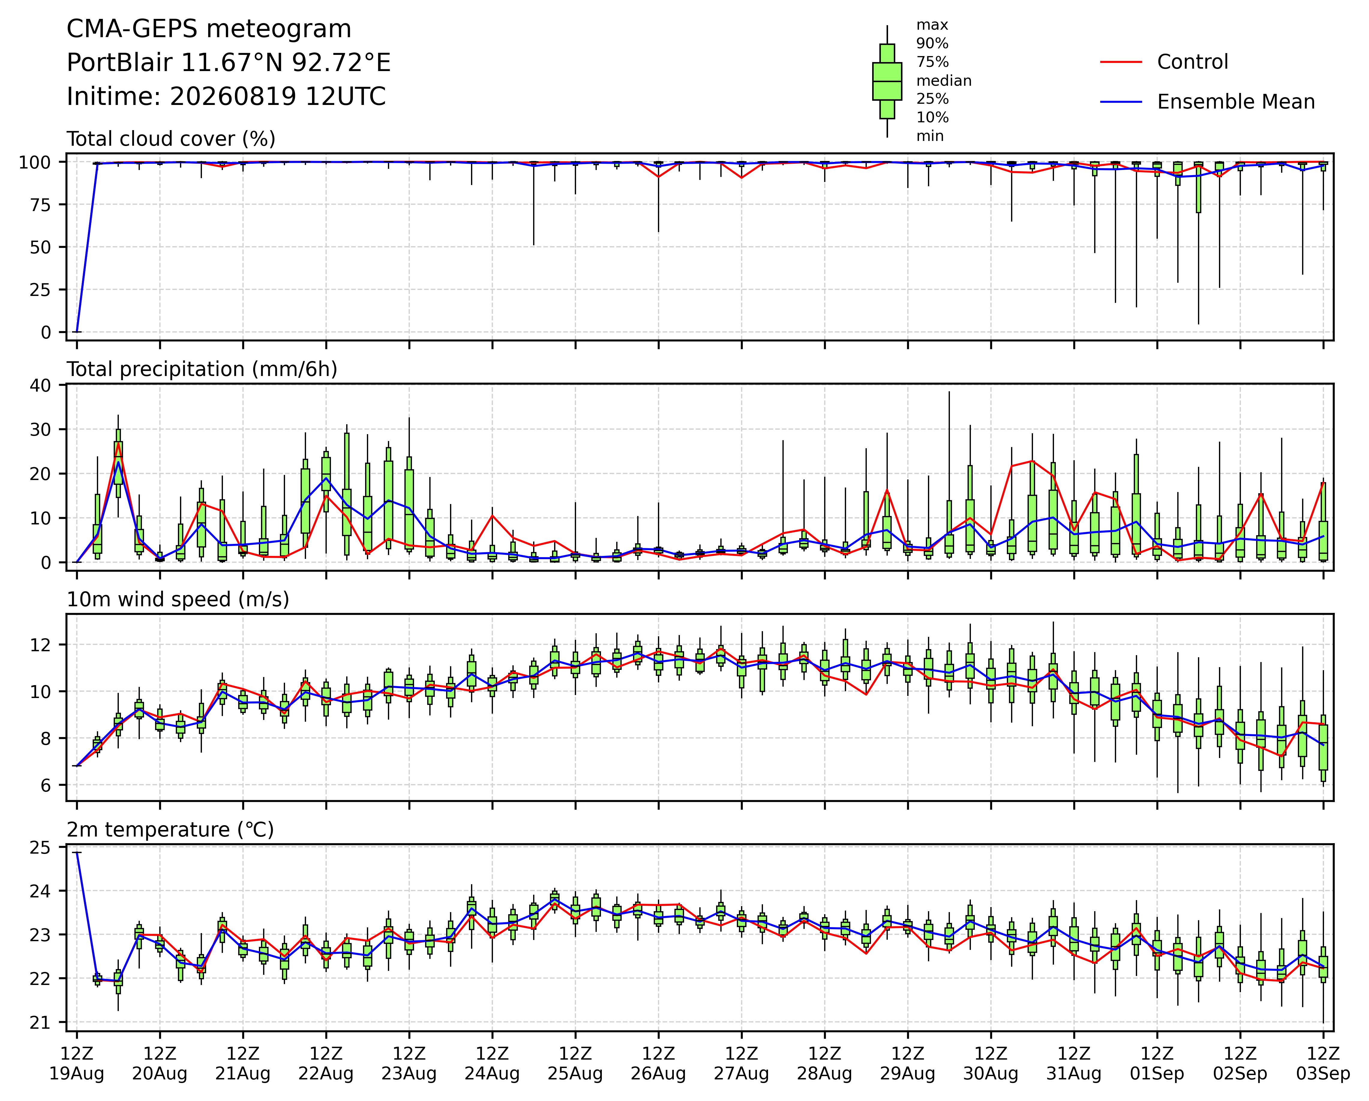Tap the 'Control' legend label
pyautogui.click(x=1193, y=62)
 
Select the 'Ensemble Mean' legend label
pyautogui.click(x=1236, y=102)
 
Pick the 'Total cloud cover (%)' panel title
pyautogui.click(x=171, y=139)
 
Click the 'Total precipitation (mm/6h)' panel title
pyautogui.click(x=202, y=369)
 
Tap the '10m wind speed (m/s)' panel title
pyautogui.click(x=178, y=600)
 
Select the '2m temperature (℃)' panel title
pyautogui.click(x=170, y=830)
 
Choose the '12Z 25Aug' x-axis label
pyautogui.click(x=575, y=1064)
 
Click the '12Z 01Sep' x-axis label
pyautogui.click(x=1157, y=1064)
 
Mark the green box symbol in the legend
pyautogui.click(x=887, y=81)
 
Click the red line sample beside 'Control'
pyautogui.click(x=1121, y=62)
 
